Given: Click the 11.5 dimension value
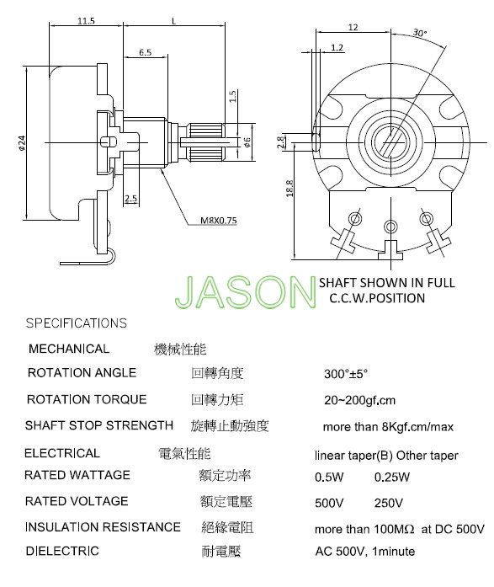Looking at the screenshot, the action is tap(86, 21).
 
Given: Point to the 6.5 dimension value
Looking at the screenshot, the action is tap(145, 52).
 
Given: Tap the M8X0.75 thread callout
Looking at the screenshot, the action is tap(219, 220).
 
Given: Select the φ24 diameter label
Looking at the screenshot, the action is tap(22, 142).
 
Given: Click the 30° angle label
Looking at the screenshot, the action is tap(420, 33).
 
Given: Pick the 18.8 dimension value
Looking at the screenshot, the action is tap(289, 188).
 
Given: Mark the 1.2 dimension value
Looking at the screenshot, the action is tap(337, 47).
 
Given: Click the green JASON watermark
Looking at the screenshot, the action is tap(246, 292).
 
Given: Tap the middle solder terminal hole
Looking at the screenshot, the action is tap(390, 227).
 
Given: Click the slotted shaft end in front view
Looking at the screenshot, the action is tap(390, 141).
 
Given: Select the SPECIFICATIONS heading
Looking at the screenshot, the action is tap(77, 323).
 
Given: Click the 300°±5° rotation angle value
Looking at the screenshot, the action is tap(346, 374).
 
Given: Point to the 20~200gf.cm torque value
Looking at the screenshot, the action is tap(359, 400).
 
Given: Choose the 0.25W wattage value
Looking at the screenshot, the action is tap(392, 477).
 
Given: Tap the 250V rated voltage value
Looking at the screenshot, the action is tap(389, 503).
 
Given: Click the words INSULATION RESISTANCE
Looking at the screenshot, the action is tap(103, 527).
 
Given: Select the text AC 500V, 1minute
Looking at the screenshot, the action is tap(365, 551).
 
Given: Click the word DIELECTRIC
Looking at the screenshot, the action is tap(62, 551).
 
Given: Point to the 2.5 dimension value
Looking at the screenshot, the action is tap(131, 198).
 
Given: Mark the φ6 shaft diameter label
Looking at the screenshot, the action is tap(247, 141).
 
